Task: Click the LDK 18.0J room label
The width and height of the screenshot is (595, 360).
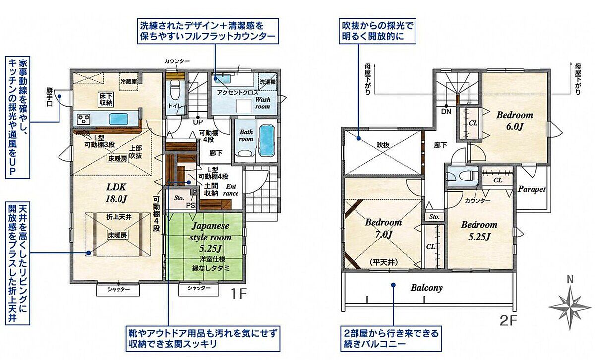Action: [117, 193]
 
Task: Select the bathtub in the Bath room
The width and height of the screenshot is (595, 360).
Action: [266, 140]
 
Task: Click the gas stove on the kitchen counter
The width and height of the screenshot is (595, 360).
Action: [83, 119]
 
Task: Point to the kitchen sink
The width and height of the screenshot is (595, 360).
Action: [119, 119]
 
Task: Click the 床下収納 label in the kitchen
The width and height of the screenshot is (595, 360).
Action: [106, 99]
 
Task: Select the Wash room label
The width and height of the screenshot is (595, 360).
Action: [262, 103]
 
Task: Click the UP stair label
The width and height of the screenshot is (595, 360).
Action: [198, 122]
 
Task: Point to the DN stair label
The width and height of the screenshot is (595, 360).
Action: [446, 111]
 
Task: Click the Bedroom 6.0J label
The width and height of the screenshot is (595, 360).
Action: [515, 121]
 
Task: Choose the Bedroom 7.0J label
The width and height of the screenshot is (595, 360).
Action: [383, 228]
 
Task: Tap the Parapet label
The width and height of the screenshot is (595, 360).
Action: [532, 189]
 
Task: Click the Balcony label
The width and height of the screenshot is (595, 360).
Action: [426, 288]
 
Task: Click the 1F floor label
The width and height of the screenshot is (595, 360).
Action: [238, 294]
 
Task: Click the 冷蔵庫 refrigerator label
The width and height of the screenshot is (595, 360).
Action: [129, 81]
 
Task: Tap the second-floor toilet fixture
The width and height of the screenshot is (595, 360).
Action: [462, 177]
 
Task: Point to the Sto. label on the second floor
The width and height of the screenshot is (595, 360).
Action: [434, 217]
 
